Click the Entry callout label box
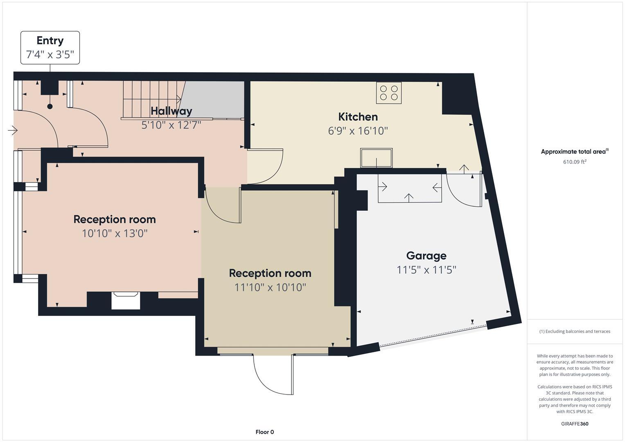pyautogui.click(x=50, y=47)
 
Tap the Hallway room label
pyautogui.click(x=171, y=111)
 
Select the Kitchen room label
pyautogui.click(x=358, y=117)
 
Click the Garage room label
pyautogui.click(x=426, y=256)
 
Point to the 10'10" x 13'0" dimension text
pyautogui.click(x=115, y=234)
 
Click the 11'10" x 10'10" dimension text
pyautogui.click(x=270, y=287)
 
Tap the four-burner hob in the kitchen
pyautogui.click(x=389, y=93)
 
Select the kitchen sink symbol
pyautogui.click(x=376, y=158)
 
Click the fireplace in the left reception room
pyautogui.click(x=126, y=300)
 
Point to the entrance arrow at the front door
pyautogui.click(x=13, y=131)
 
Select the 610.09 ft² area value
pyautogui.click(x=575, y=162)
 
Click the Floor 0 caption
pyautogui.click(x=264, y=432)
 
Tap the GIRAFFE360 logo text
pyautogui.click(x=575, y=424)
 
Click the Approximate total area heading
pyautogui.click(x=574, y=152)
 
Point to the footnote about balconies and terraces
pyautogui.click(x=575, y=331)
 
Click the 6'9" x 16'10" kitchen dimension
pyautogui.click(x=358, y=131)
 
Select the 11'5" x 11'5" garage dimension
pyautogui.click(x=426, y=270)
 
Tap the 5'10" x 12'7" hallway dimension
pyautogui.click(x=171, y=125)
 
